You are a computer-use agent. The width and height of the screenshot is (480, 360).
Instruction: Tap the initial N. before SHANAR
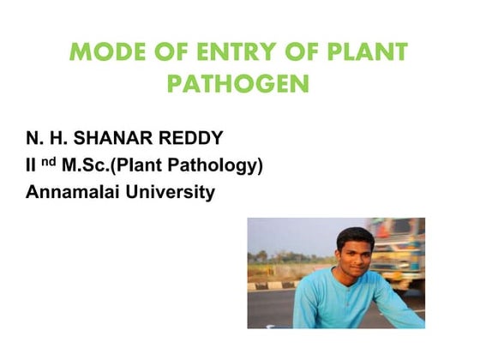tap(33, 138)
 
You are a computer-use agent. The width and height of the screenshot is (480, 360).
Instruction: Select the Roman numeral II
tap(30, 165)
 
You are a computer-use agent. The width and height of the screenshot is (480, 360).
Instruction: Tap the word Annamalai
tap(70, 191)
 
